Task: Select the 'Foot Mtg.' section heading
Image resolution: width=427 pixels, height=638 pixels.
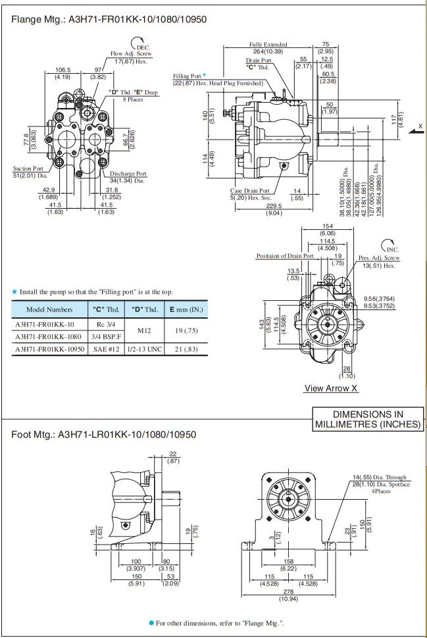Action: coord(103,435)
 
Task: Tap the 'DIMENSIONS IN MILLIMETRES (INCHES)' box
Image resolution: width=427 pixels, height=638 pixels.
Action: coord(368,419)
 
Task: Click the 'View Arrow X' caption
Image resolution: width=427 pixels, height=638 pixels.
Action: coord(331,388)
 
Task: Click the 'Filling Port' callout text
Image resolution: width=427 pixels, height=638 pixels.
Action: coord(188,76)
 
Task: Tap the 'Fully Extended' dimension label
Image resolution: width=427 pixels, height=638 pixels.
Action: coord(264,45)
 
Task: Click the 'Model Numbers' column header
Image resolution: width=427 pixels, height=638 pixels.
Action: coord(49,309)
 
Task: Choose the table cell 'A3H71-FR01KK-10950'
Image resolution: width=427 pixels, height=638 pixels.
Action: coord(49,350)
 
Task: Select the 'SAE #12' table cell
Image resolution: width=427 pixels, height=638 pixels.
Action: coord(105,350)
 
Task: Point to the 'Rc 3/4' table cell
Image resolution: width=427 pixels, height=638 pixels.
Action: coord(105,325)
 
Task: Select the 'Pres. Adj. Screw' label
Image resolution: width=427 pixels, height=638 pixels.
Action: coord(379,258)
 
